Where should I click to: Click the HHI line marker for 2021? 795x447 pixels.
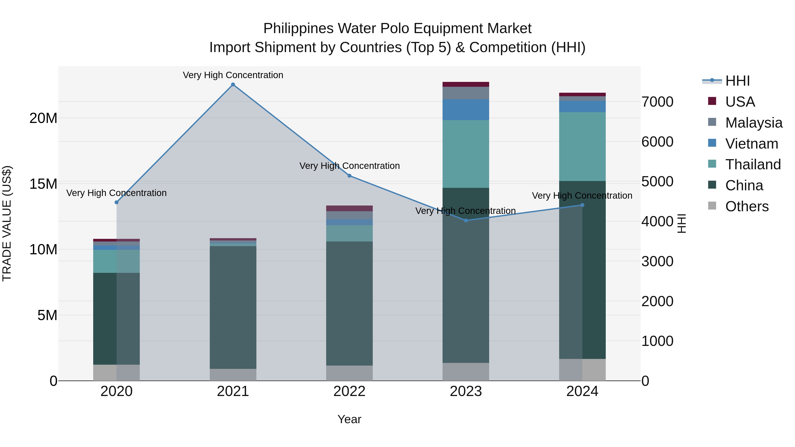pyautogui.click(x=233, y=85)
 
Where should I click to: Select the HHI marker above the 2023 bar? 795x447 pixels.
pyautogui.click(x=466, y=220)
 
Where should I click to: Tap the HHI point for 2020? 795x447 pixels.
pyautogui.click(x=116, y=202)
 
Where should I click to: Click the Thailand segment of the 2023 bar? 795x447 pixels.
pyautogui.click(x=466, y=154)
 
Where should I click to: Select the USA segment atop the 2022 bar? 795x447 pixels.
pyautogui.click(x=349, y=208)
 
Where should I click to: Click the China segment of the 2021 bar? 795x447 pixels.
pyautogui.click(x=233, y=307)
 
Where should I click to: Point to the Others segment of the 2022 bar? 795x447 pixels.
pyautogui.click(x=349, y=373)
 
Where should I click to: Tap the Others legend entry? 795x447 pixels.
pyautogui.click(x=747, y=206)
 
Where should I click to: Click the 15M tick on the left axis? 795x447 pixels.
pyautogui.click(x=43, y=184)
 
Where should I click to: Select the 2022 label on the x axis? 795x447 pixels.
pyautogui.click(x=349, y=391)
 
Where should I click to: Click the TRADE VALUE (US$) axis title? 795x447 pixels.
pyautogui.click(x=7, y=223)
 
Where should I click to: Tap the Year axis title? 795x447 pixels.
pyautogui.click(x=349, y=419)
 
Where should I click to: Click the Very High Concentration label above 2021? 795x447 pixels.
pyautogui.click(x=233, y=75)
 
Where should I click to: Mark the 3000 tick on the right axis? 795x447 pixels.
pyautogui.click(x=657, y=261)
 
